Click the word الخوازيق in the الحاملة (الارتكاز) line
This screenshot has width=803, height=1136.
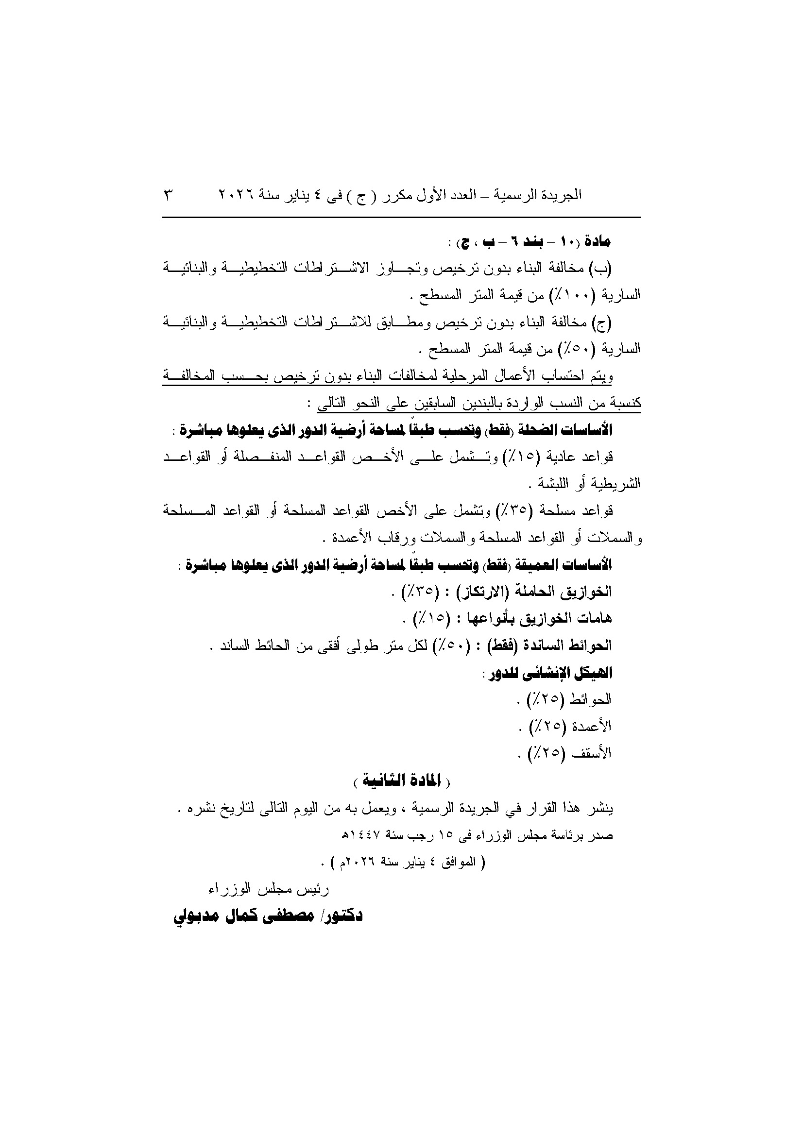tap(586, 591)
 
